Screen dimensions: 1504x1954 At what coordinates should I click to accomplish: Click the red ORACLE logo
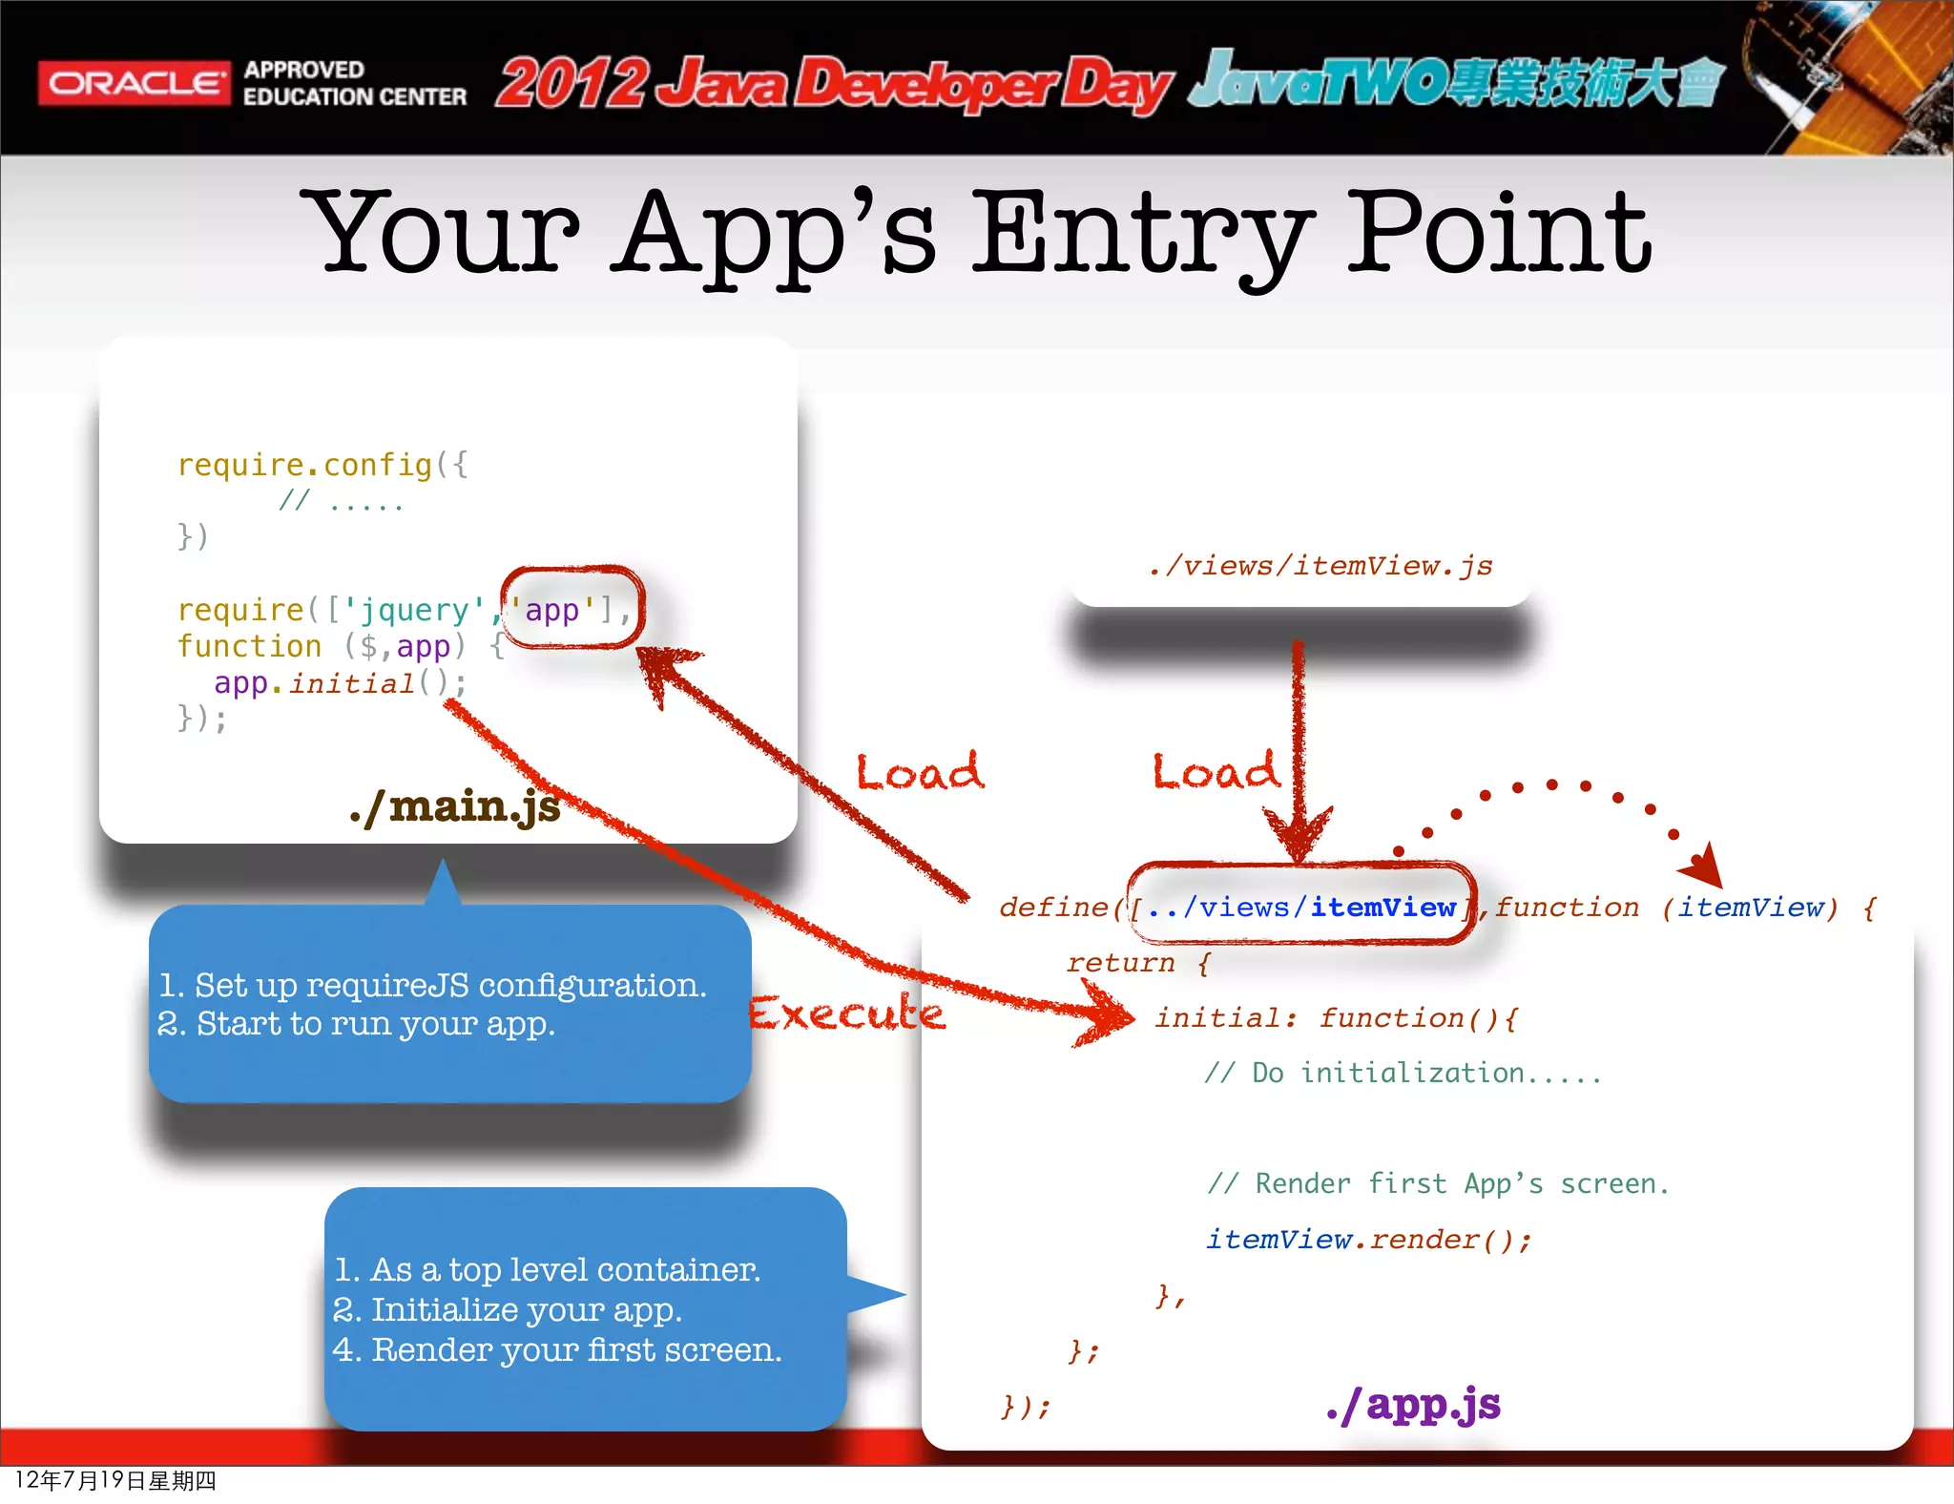[x=134, y=83]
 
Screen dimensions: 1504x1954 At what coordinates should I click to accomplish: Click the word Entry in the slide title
[x=1141, y=234]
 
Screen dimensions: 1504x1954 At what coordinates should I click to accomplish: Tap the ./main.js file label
[x=455, y=806]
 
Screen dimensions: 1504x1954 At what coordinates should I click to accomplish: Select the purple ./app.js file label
[x=1413, y=1404]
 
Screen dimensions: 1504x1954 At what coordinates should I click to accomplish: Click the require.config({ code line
[x=322, y=465]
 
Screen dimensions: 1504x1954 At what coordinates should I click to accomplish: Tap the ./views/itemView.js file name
[x=1321, y=566]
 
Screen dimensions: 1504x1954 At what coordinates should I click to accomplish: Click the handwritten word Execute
[x=846, y=1013]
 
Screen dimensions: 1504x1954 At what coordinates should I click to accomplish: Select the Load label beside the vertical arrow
[x=1215, y=771]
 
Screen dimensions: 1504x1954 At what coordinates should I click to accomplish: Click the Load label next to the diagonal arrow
[x=919, y=771]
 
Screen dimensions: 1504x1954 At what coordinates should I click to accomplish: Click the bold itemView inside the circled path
[x=1382, y=907]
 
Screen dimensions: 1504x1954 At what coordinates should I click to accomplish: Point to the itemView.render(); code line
[x=1368, y=1239]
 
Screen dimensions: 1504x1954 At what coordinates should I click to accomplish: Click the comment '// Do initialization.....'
[x=1403, y=1073]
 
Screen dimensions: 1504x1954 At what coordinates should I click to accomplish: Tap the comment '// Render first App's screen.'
[x=1438, y=1183]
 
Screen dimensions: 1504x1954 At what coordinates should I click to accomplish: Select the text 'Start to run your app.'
[x=375, y=1024]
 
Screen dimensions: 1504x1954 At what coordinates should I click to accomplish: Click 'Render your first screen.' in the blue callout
[x=576, y=1349]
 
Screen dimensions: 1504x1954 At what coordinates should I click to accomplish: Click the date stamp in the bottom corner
[x=115, y=1480]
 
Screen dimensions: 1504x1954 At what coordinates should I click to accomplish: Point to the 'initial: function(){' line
[x=1337, y=1017]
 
